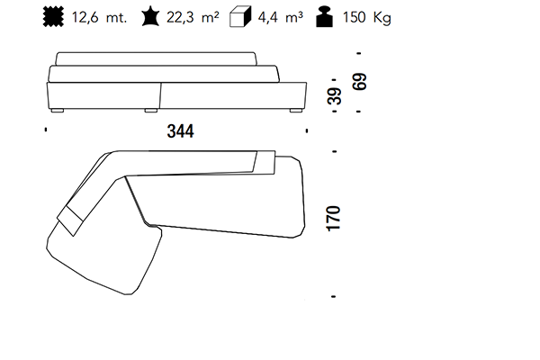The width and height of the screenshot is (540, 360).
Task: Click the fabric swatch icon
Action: coord(53,17)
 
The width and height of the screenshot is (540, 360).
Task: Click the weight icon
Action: coord(324,17)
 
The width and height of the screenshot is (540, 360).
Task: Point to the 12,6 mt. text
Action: coord(100,17)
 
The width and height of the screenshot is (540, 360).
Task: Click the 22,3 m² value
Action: coord(193,17)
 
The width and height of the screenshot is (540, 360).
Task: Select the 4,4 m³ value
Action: coord(280,17)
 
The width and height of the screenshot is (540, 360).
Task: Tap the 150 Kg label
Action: coord(367,17)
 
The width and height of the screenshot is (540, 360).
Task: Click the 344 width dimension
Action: coord(181,131)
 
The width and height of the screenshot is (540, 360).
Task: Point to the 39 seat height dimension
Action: coord(335,95)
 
